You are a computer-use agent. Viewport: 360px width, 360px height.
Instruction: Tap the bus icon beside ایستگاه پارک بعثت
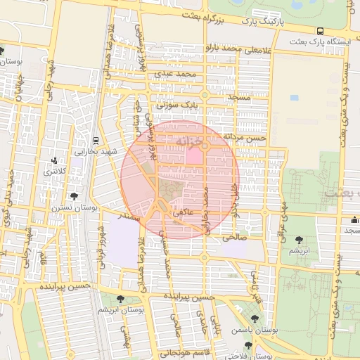pos(320,31)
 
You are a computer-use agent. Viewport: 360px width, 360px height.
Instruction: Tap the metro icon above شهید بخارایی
pos(96,140)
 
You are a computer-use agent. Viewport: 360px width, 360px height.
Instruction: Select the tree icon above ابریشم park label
pos(300,240)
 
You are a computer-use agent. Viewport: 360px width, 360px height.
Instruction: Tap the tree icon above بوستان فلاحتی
pos(247,345)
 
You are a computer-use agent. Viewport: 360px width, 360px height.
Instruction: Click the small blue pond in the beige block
pos(293,98)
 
